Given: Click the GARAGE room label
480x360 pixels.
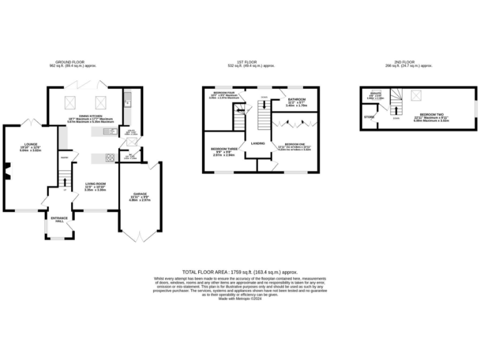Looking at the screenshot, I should click(x=139, y=195).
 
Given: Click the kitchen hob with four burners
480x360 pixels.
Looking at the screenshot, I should click(x=110, y=157).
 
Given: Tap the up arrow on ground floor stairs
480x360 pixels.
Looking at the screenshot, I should click(x=64, y=181).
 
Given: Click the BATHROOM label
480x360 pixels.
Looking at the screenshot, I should click(x=296, y=100).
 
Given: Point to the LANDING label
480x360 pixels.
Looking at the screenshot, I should click(x=256, y=144).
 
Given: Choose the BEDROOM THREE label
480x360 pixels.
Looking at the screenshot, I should click(x=222, y=150).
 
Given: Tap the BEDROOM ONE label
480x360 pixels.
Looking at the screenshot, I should click(x=294, y=144).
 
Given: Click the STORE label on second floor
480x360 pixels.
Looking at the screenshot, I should click(x=369, y=117).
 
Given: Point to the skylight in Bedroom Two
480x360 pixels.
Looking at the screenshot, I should click(x=414, y=94).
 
